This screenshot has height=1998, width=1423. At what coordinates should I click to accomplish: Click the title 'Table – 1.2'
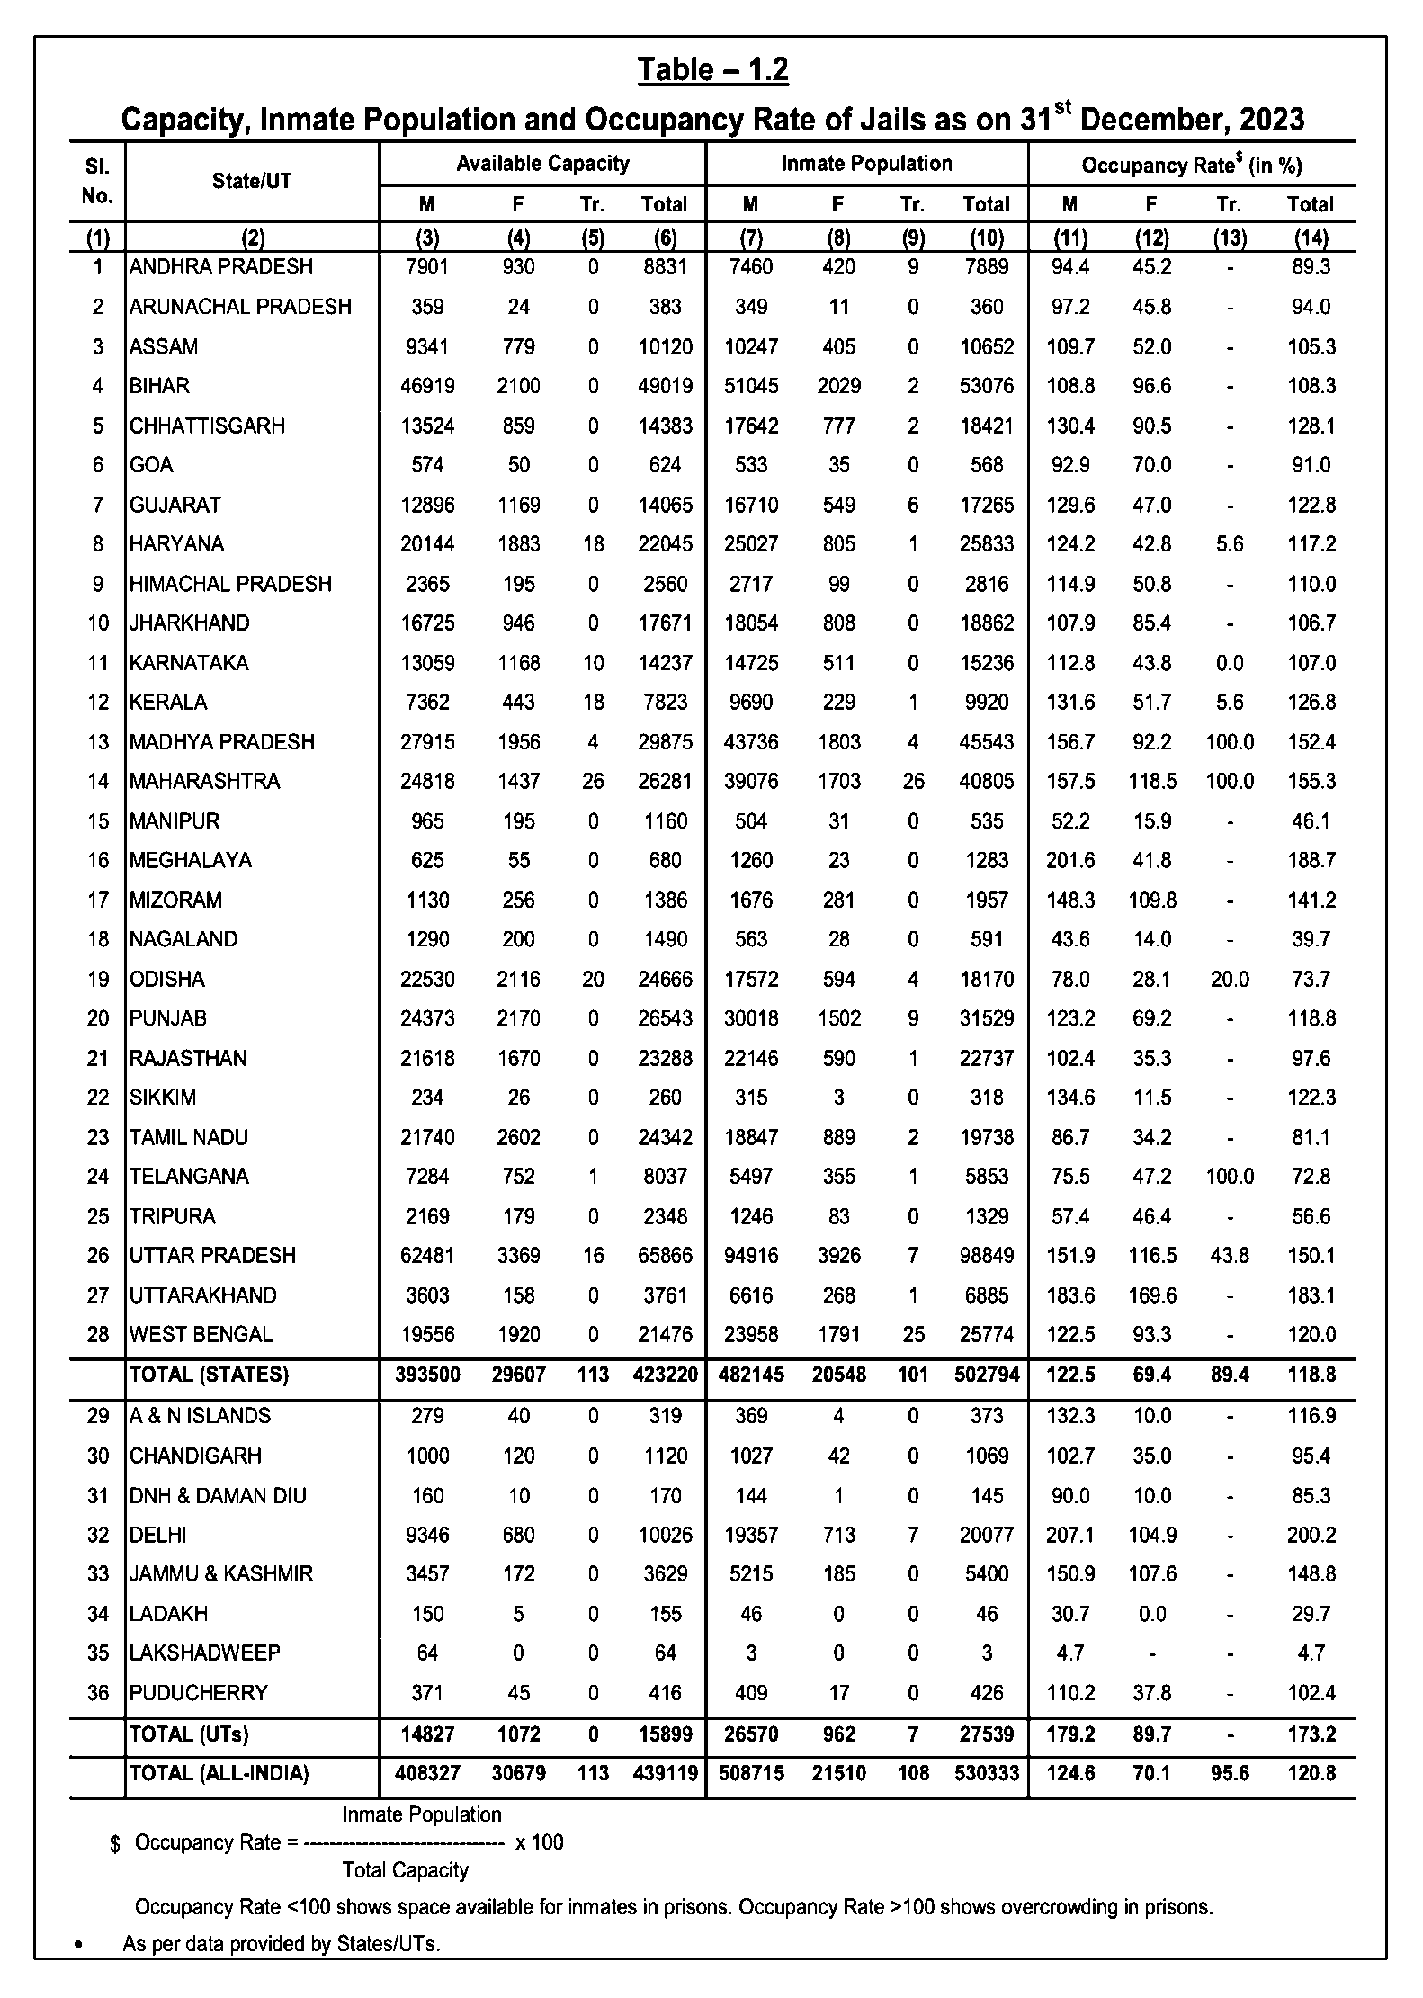(x=712, y=70)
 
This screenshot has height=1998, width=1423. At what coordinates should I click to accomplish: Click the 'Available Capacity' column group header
(x=542, y=164)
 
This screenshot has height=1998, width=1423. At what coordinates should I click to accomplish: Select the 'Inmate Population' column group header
(x=866, y=164)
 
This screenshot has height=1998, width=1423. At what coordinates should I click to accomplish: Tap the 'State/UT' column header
(x=252, y=181)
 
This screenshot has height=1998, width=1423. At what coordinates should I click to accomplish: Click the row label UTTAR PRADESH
(x=212, y=1255)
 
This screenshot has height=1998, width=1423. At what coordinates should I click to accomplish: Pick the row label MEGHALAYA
(x=191, y=860)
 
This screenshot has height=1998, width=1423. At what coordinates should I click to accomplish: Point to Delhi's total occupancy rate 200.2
(x=1311, y=1535)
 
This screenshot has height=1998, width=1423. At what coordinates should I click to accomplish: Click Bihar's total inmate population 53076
(x=987, y=386)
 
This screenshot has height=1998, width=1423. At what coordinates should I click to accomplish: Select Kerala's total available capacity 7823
(x=665, y=702)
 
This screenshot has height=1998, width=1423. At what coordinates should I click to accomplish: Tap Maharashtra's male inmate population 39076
(x=751, y=781)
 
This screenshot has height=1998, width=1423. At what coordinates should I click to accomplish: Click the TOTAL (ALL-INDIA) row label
(x=219, y=1773)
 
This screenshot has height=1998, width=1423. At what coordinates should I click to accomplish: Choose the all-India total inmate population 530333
(x=987, y=1773)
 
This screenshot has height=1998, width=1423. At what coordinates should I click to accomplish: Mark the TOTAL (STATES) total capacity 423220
(x=665, y=1375)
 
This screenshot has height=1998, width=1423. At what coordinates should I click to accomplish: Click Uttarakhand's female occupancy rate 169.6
(x=1151, y=1295)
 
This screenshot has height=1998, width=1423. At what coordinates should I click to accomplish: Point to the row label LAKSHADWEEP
(x=205, y=1653)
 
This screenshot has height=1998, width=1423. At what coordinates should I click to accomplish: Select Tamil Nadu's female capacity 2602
(x=518, y=1137)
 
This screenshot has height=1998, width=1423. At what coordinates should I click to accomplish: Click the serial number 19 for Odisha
(x=98, y=979)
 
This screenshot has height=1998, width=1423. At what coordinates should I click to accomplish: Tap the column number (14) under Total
(x=1311, y=238)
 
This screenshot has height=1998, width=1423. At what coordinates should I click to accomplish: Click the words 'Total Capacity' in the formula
(x=406, y=1870)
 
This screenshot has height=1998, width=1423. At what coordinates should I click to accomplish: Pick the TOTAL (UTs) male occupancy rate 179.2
(x=1069, y=1734)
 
